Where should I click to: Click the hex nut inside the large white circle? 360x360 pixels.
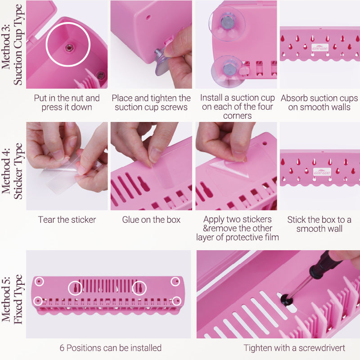68,48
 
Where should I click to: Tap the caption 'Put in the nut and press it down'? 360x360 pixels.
67,103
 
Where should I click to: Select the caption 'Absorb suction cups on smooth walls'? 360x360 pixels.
319,103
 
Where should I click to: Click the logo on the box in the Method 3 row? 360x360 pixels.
320,48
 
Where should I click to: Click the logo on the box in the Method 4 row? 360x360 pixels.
322,172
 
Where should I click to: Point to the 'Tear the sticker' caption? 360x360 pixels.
67,220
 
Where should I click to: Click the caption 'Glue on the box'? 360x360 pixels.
151,220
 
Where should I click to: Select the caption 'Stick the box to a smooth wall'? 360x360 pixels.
319,224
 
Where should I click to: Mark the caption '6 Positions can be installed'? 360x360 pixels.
110,348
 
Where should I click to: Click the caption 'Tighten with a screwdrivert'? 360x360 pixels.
294,348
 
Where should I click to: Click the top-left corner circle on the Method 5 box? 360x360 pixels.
39,281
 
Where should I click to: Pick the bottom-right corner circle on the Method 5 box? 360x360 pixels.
176,301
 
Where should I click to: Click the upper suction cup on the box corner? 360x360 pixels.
227,23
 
